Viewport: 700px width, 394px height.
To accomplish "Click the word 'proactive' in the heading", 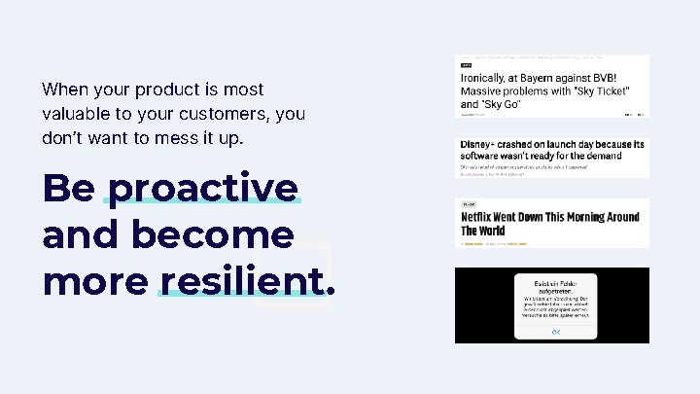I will point(202,188).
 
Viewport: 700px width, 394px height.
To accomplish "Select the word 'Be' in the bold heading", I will point(68,188).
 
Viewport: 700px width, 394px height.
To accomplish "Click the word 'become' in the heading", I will point(210,234).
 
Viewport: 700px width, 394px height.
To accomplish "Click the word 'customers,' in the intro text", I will point(228,114).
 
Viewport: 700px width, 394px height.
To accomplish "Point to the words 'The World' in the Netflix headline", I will point(483,232).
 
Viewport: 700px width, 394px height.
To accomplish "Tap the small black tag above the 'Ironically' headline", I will point(467,65).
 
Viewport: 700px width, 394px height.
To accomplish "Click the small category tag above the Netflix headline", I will point(469,205).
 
